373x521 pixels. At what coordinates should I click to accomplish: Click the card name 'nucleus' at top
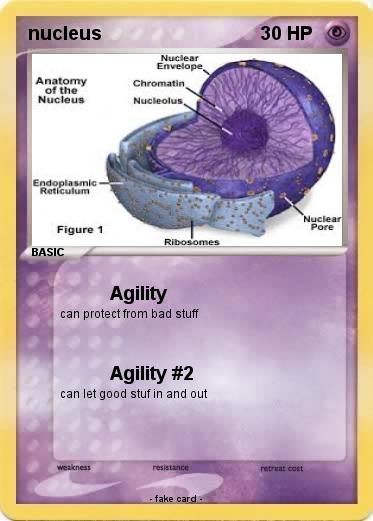(65, 34)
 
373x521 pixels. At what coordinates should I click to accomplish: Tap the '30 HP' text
(286, 34)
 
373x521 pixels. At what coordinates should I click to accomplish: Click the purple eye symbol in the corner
(337, 33)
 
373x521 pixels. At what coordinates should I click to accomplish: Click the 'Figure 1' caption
(79, 229)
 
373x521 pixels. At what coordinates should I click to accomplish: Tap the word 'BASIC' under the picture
(47, 253)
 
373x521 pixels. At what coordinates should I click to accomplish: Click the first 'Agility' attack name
(138, 294)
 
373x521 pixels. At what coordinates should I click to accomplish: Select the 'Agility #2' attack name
(151, 374)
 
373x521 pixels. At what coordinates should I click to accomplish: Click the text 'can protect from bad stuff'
(129, 314)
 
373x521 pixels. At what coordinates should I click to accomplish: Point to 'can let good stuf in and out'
(133, 394)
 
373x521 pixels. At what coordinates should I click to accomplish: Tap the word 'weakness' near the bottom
(74, 467)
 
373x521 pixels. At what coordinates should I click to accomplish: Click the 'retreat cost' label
(281, 467)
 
